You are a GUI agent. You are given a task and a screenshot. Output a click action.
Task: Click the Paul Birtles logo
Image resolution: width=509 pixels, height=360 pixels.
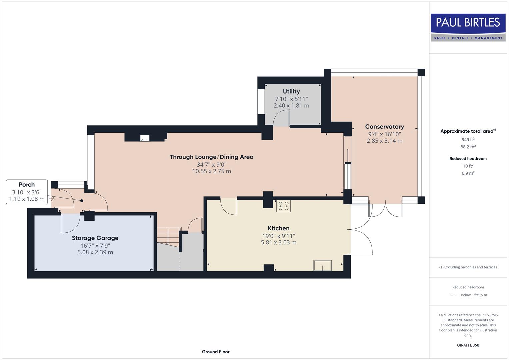[x=468, y=27]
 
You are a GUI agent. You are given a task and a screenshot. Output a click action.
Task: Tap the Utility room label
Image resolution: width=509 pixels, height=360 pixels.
[x=291, y=91]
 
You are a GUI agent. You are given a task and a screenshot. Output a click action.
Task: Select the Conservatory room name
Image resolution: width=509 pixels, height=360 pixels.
[x=384, y=127]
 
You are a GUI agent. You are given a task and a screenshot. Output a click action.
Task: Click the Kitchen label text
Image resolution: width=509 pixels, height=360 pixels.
[x=278, y=228]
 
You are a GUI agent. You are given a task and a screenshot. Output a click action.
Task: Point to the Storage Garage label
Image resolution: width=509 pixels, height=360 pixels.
[x=95, y=238]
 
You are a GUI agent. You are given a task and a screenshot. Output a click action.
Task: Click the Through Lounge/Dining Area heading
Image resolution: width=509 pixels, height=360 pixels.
[x=211, y=157]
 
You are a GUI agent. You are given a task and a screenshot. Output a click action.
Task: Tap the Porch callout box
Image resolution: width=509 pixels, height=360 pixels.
[x=27, y=192]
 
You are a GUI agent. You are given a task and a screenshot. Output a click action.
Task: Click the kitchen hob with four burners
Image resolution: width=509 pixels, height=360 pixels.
[x=283, y=206]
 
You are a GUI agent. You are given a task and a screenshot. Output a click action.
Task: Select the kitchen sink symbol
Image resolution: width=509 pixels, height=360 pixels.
[x=322, y=266]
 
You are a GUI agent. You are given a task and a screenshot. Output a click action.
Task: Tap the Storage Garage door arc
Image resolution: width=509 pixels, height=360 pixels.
[x=70, y=223]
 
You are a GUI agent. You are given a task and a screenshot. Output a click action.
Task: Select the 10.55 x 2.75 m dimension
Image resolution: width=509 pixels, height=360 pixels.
[x=211, y=171]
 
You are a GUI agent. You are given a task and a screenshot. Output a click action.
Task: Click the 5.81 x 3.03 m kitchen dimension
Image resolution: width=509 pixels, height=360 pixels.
[x=278, y=243]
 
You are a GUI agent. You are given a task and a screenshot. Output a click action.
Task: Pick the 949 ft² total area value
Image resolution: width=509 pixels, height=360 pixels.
[x=468, y=140]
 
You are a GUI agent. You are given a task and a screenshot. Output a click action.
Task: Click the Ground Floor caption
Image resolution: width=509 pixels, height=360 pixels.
[x=215, y=352]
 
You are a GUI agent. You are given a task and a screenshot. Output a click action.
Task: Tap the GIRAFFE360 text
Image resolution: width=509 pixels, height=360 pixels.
[x=468, y=345]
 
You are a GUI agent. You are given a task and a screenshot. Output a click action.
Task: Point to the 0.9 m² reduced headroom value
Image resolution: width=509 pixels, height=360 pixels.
[x=468, y=173]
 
